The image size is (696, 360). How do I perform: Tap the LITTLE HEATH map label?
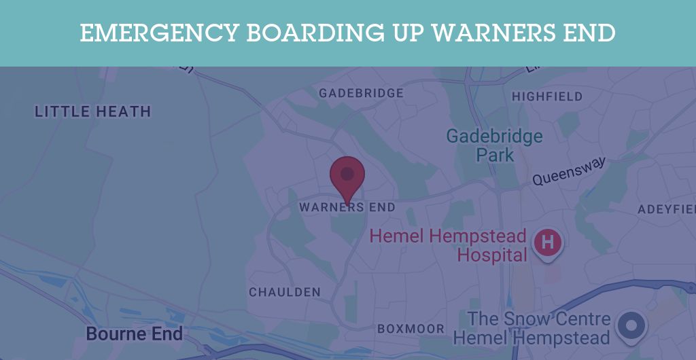(93, 111)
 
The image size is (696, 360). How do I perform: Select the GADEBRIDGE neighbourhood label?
(361, 93)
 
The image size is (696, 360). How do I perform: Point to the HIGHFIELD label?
(547, 96)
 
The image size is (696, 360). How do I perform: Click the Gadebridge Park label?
(495, 145)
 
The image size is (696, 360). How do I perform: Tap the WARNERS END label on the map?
(347, 207)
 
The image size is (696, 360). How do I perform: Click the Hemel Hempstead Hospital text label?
(448, 245)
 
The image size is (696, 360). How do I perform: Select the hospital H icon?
(549, 242)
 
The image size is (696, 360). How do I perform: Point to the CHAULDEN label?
(285, 292)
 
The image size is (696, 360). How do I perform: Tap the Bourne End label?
(135, 334)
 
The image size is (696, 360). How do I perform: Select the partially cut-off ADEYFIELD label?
(666, 209)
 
